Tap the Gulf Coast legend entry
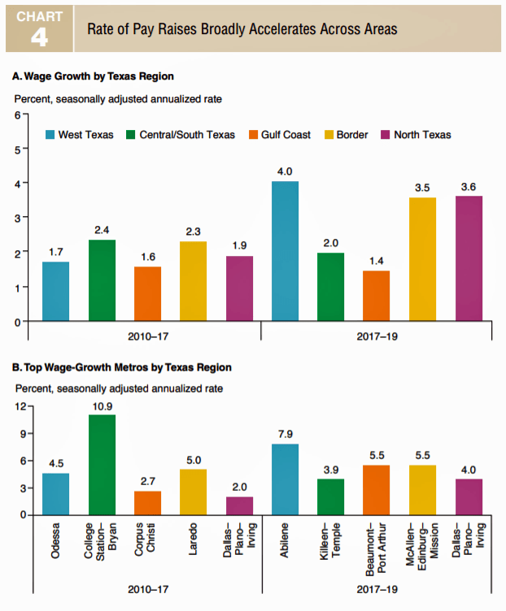tap(275, 134)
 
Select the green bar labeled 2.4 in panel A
tap(102, 279)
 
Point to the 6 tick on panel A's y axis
tap(15, 115)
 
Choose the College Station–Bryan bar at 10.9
tap(102, 464)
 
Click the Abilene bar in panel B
tap(284, 479)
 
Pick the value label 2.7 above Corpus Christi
tap(147, 481)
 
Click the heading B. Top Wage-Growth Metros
tap(122, 367)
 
